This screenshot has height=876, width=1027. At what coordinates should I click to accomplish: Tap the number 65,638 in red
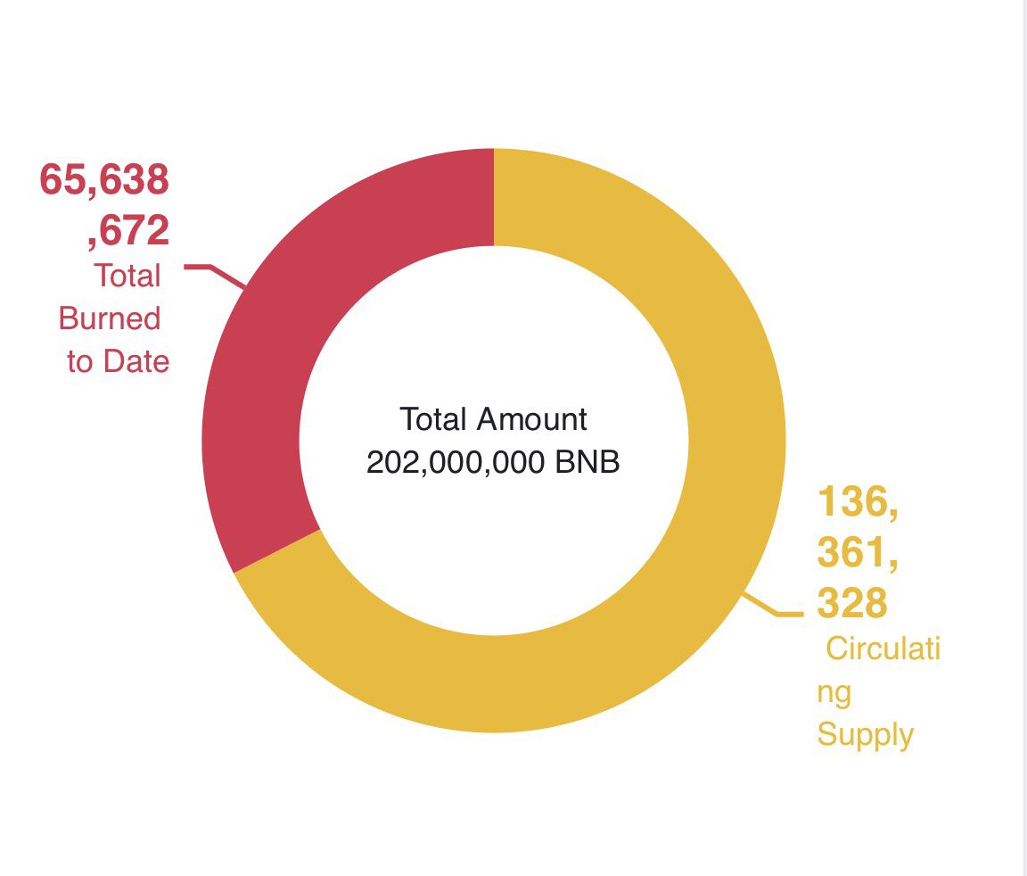(104, 180)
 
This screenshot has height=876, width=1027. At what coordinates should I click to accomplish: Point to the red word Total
(127, 276)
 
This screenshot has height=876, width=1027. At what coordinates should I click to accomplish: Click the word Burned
(110, 318)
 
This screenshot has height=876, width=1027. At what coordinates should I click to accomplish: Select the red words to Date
(118, 361)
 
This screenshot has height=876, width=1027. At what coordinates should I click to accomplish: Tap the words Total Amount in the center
(493, 418)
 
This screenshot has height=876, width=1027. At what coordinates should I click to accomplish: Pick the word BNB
(587, 463)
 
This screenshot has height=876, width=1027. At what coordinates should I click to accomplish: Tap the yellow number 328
(852, 604)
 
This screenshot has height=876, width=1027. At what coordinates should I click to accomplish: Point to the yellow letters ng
(834, 691)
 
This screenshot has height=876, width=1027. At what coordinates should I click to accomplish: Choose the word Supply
(866, 734)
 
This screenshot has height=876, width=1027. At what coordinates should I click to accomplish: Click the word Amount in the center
(533, 418)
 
